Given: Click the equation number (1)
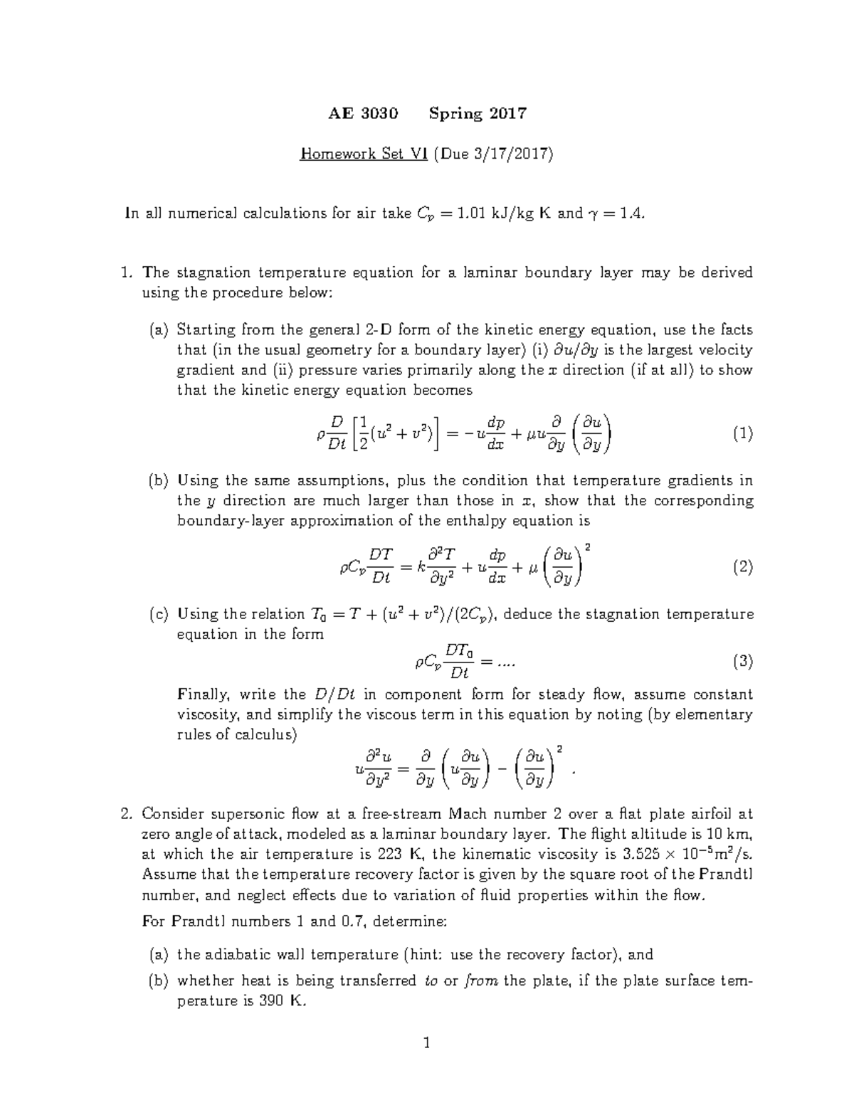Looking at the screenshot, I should point(742,433).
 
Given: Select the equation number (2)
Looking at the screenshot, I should point(742,567).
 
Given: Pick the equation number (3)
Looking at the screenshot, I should point(742,662).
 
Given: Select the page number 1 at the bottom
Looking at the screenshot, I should point(427,1044).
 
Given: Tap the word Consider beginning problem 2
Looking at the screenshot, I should point(172,814).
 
